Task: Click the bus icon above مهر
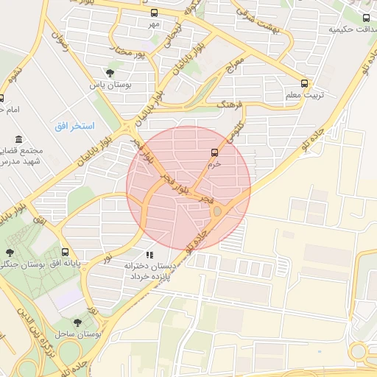tap(154, 13)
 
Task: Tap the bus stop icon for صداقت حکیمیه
tap(367, 18)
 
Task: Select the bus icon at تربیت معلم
tap(305, 84)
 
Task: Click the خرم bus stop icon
tap(214, 153)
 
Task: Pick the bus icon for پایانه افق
tap(66, 251)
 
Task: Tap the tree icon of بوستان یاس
tap(110, 73)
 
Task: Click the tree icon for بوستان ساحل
tap(77, 323)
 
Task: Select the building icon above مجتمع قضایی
tap(18, 139)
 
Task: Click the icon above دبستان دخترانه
tap(149, 254)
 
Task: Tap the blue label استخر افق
tap(74, 126)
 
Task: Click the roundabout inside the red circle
tap(216, 212)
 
